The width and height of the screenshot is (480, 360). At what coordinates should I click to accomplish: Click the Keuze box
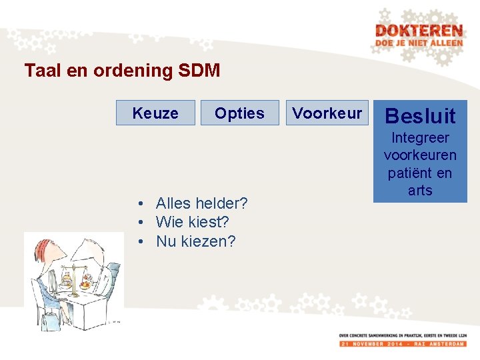[155, 113]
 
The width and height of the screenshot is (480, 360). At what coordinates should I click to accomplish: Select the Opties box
[239, 113]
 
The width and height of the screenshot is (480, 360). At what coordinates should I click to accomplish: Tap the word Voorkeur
[327, 113]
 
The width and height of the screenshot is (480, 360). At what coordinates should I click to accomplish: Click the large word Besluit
[420, 116]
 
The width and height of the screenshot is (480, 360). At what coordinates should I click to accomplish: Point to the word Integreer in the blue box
[420, 138]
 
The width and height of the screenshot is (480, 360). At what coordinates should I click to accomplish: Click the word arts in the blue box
[420, 191]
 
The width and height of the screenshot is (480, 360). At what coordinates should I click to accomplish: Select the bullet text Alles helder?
[201, 203]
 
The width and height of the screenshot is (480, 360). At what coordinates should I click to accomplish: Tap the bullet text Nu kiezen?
[195, 241]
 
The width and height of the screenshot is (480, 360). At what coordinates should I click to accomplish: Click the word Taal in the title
[40, 71]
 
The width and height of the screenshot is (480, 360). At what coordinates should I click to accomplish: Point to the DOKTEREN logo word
[419, 31]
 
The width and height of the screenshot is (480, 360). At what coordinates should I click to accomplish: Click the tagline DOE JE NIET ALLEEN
[419, 43]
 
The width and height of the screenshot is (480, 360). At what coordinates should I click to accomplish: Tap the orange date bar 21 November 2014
[403, 343]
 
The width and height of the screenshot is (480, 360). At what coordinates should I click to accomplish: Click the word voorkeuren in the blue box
[420, 155]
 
